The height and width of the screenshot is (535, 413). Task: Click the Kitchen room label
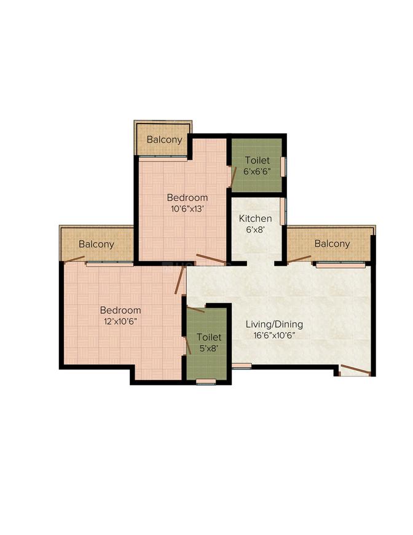[255, 218]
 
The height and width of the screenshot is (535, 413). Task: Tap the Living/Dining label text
[274, 324]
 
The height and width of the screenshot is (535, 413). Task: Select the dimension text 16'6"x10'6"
[274, 335]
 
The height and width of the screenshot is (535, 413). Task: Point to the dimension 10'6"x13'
[187, 208]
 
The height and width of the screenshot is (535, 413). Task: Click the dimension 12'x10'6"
[120, 321]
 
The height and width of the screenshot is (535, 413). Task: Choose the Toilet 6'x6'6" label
[257, 165]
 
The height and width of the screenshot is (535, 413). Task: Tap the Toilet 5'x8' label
[209, 343]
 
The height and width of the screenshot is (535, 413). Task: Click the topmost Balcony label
[164, 140]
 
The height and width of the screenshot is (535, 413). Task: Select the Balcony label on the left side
[96, 244]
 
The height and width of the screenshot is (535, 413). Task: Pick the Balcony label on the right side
[332, 244]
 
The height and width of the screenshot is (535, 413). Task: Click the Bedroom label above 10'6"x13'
[187, 197]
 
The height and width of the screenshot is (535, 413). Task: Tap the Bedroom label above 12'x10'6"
[120, 310]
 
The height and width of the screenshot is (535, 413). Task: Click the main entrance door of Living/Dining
[355, 369]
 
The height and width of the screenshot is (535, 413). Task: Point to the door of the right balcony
[299, 260]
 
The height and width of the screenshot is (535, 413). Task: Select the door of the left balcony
[74, 260]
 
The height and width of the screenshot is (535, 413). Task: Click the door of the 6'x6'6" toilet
[234, 176]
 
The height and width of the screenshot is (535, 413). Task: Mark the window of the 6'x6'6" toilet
[283, 167]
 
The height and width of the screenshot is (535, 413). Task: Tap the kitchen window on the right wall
[283, 212]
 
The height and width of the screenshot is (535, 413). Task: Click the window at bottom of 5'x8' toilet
[206, 381]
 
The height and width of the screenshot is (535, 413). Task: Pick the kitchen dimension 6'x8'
[256, 229]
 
